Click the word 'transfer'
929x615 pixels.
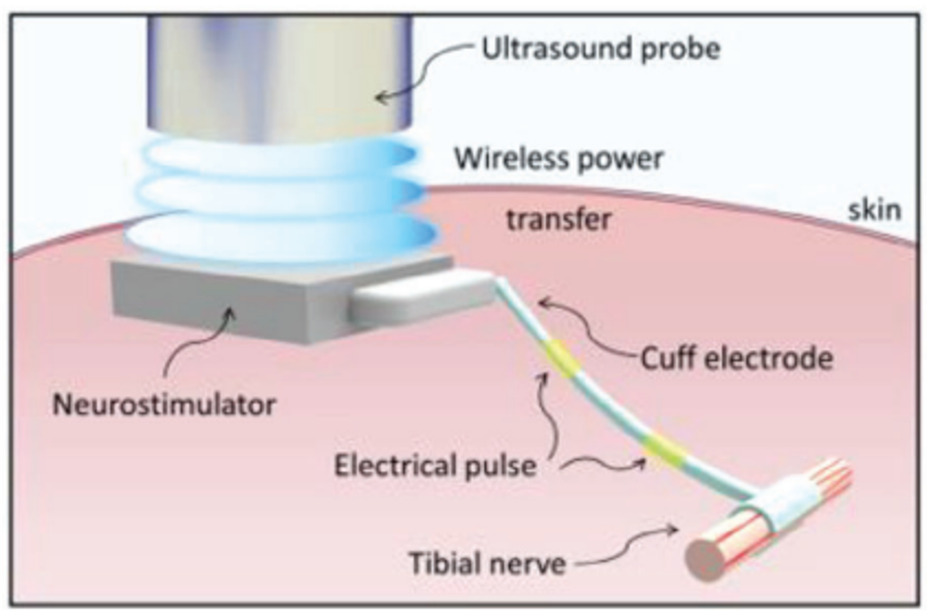coord(559,220)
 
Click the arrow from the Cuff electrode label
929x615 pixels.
coord(582,320)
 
